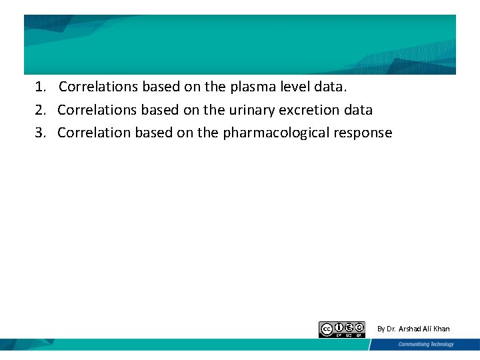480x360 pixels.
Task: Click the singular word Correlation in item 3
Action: coord(94,132)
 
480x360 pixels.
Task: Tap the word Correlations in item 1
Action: coord(98,87)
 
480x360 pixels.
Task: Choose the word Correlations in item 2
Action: coord(97,109)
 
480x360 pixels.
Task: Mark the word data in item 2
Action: coord(358,109)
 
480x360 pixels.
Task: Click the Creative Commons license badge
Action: coord(342,329)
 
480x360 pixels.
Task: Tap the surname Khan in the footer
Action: coord(441,329)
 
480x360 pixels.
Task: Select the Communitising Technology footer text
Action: coord(426,345)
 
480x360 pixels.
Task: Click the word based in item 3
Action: coord(153,132)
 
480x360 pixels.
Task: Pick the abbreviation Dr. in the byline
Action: coord(391,329)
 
